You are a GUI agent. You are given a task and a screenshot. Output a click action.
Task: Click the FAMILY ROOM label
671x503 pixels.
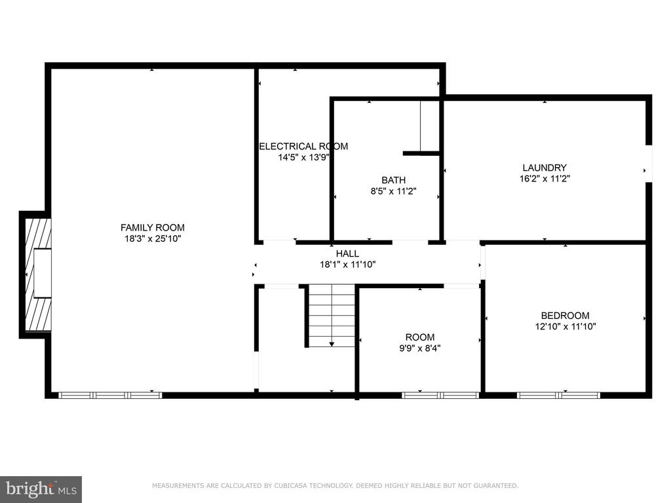(152, 227)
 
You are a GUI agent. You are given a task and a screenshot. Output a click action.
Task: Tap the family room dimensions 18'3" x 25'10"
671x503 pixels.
(153, 238)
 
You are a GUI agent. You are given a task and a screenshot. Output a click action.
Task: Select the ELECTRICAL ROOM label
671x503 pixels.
(303, 146)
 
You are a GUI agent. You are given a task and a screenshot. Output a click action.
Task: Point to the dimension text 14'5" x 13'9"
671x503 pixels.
(303, 157)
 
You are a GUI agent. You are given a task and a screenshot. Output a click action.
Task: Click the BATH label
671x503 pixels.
(393, 180)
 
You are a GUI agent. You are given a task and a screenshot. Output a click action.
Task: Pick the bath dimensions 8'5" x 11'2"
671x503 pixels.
(393, 191)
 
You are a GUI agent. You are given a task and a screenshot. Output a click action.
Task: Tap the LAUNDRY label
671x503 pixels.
(545, 168)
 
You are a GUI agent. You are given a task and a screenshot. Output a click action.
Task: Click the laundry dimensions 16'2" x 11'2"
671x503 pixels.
(545, 179)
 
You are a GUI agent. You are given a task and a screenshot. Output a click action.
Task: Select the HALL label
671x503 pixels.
(347, 253)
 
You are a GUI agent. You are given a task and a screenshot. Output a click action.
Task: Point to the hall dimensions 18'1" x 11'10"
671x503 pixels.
(348, 265)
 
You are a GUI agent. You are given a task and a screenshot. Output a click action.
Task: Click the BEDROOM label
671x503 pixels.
(566, 316)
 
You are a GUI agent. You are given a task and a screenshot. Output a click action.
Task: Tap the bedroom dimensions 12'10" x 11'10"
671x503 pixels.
(566, 327)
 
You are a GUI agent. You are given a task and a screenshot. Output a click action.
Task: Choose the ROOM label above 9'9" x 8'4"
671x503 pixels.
(420, 337)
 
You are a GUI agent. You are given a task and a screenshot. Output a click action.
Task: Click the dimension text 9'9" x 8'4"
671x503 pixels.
(420, 348)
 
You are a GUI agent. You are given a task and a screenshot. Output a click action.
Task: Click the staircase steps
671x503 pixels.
(332, 316)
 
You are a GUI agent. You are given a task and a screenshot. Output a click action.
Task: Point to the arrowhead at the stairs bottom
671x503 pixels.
(332, 345)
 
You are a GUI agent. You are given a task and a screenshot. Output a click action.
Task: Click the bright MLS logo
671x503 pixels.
(41, 489)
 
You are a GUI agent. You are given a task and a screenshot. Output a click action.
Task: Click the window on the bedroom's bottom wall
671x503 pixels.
(559, 395)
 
